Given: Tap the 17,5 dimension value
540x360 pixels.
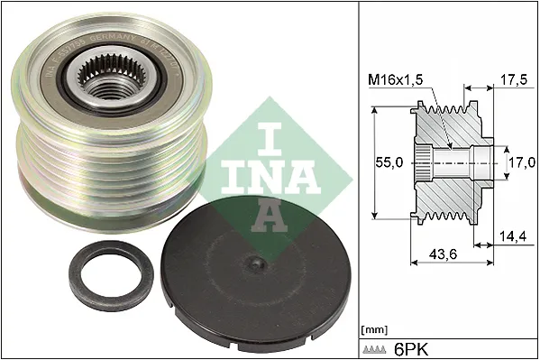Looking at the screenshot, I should point(512,79).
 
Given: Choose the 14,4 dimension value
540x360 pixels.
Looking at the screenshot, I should point(512,237).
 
